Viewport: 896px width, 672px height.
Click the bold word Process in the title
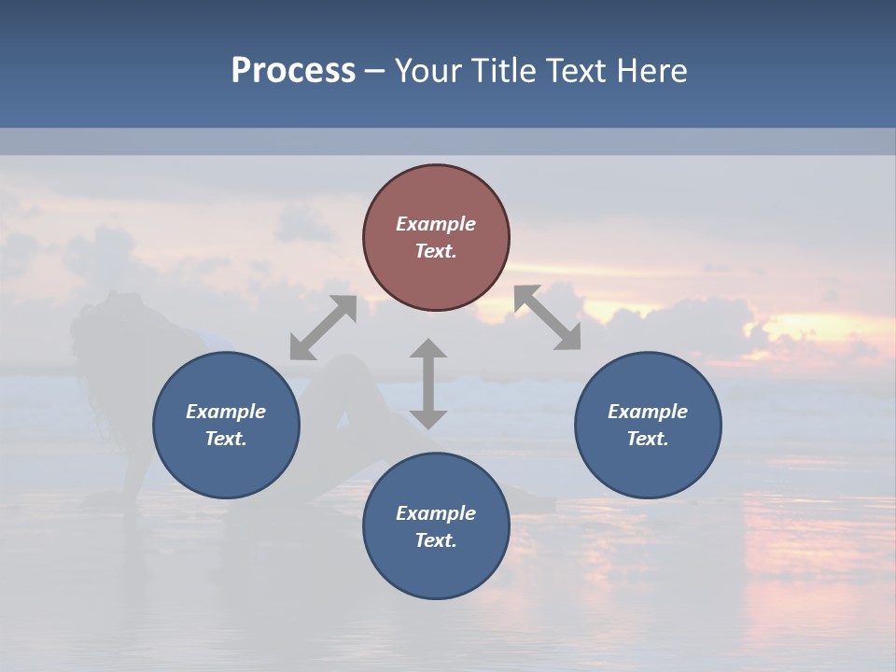click(293, 71)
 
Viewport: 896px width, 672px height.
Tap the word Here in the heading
click(653, 71)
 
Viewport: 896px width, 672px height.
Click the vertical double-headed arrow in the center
click(428, 384)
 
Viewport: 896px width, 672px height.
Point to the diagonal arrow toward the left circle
click(323, 328)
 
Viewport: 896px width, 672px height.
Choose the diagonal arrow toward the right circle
click(548, 317)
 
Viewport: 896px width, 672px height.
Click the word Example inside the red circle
click(436, 224)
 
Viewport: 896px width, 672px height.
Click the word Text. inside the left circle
click(226, 439)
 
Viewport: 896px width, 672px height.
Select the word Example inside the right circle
click(648, 412)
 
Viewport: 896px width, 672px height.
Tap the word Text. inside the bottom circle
click(436, 540)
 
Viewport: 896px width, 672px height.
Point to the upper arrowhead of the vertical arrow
click(428, 349)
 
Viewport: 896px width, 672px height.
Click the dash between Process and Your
click(374, 71)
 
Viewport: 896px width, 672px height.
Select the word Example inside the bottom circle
click(436, 513)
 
